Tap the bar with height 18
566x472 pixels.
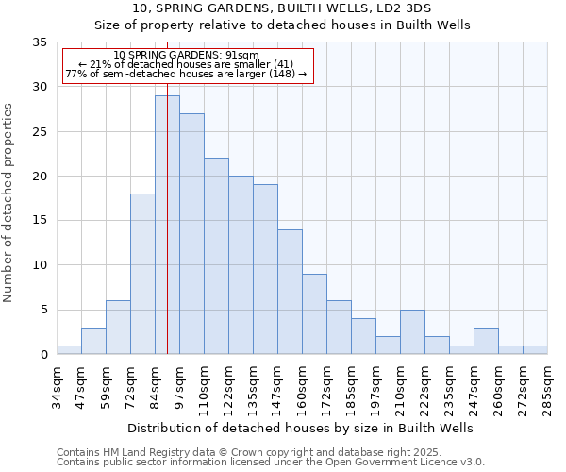click(142, 274)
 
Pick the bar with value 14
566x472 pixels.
click(290, 292)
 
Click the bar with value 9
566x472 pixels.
click(314, 313)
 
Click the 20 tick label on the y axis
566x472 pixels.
click(40, 177)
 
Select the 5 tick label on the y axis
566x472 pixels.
click(43, 311)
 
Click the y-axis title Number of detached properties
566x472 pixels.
click(9, 203)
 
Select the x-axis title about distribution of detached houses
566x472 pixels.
click(300, 428)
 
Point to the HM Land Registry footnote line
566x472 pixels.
click(270, 453)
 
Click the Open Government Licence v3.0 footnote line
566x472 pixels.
click(270, 463)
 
